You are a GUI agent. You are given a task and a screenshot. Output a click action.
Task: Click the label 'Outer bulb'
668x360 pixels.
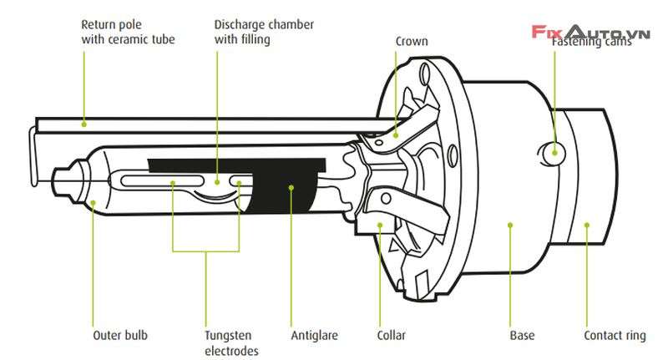click(x=120, y=336)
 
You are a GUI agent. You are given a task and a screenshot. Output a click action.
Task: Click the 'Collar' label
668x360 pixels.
click(x=391, y=336)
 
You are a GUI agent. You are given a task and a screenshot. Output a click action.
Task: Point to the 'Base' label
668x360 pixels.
click(x=522, y=336)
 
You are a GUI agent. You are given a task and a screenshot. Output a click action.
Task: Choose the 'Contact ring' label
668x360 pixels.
click(x=615, y=336)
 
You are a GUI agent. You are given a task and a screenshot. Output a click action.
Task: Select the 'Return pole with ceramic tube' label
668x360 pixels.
click(x=128, y=32)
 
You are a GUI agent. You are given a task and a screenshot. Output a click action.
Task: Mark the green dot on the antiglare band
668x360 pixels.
click(x=291, y=187)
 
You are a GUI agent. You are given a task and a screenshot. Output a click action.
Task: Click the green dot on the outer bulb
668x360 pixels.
click(x=93, y=201)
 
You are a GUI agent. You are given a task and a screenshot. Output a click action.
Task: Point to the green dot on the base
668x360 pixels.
click(x=510, y=224)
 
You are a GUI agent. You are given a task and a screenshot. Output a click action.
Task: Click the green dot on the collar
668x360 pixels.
click(x=380, y=224)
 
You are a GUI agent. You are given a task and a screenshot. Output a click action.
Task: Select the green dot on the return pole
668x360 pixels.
click(x=83, y=123)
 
